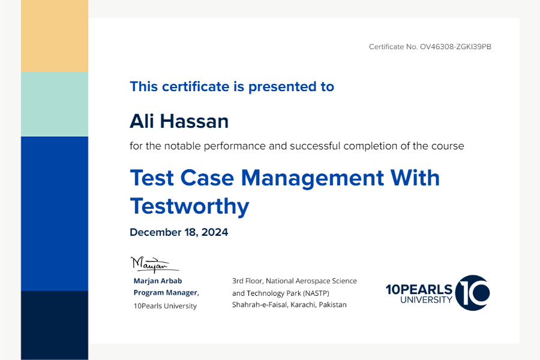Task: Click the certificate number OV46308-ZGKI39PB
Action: coord(455,47)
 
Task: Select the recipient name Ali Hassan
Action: coord(179,121)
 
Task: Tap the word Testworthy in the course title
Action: coord(190,206)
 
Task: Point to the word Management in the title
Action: coord(313,178)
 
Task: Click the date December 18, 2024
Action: coord(179,232)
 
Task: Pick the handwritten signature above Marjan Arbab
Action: coord(155,265)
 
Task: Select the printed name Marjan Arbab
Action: coord(158,281)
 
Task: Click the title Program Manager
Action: coord(166,292)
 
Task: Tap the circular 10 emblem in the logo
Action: coord(473,293)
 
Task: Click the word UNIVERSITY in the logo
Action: coord(426,300)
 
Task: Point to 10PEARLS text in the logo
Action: coord(419,289)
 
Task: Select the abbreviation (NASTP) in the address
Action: coord(316,293)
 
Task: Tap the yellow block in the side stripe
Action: coord(55,36)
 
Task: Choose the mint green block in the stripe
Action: coord(55,104)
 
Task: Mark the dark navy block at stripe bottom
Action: coord(55,326)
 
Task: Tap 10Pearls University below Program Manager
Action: coord(166,306)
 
